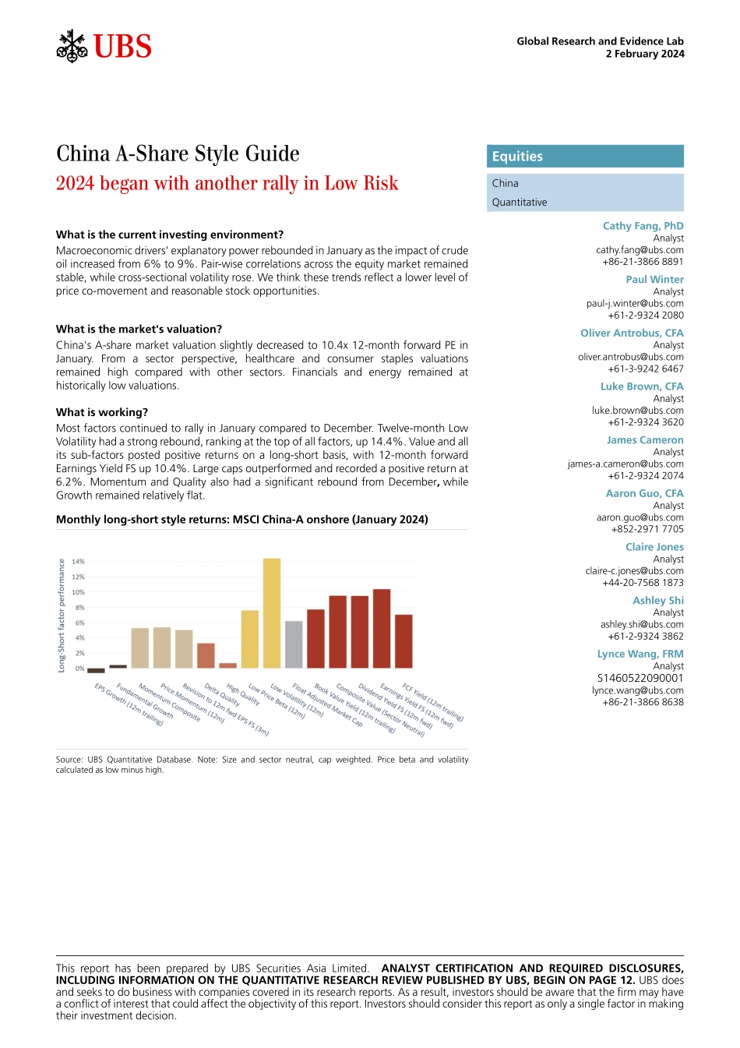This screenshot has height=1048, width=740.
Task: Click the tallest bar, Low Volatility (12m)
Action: point(272,612)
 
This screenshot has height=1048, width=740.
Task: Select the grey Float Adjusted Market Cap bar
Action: point(294,644)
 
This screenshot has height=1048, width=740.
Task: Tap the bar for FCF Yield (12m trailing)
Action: point(403,640)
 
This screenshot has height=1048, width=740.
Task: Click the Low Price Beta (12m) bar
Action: point(249,639)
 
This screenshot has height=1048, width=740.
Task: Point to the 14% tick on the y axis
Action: point(78,562)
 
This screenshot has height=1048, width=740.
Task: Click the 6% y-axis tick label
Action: point(79,623)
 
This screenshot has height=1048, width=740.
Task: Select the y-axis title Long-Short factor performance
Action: point(62,616)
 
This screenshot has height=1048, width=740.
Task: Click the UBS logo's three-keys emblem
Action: point(72,47)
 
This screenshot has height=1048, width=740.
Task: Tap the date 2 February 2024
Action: point(645,54)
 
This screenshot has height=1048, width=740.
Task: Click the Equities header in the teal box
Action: point(517,157)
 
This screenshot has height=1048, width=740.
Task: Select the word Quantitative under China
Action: point(520,203)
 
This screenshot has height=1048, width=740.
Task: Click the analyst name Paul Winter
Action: point(654,280)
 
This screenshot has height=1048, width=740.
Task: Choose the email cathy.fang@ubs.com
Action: point(640,250)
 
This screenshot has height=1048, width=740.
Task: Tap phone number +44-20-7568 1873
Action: point(643,582)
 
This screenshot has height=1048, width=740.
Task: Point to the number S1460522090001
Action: point(640,678)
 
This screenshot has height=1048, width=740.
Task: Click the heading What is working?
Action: point(102,412)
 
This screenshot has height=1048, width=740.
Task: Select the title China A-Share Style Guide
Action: point(178,153)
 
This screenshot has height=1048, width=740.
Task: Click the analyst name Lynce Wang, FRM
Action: point(640,654)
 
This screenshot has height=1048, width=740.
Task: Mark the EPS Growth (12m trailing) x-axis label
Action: point(129,704)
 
